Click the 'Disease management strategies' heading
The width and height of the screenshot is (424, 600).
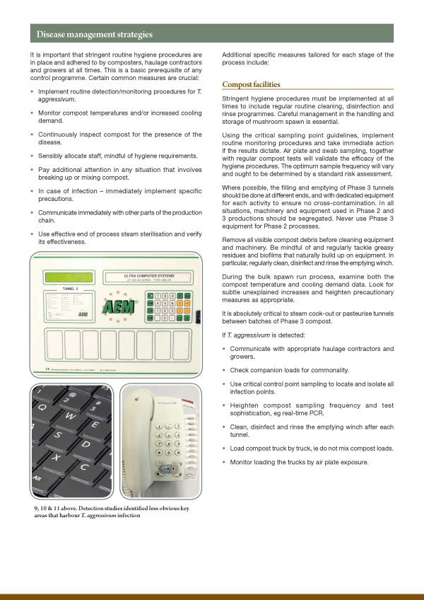point(94,34)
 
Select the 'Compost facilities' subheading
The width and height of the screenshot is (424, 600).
point(251,84)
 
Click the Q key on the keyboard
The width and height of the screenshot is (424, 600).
point(43,408)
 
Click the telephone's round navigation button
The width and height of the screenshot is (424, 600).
point(165,468)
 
